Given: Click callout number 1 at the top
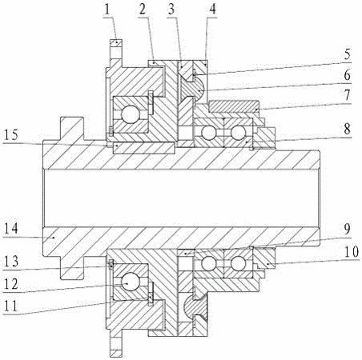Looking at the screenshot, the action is click(x=107, y=10).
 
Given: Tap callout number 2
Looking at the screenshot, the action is click(x=143, y=10).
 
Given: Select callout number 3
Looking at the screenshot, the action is click(x=171, y=10).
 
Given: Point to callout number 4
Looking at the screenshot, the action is click(x=212, y=10).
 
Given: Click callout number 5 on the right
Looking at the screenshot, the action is click(x=347, y=54).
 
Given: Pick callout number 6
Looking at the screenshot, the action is click(x=347, y=75).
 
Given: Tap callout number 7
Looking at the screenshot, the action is click(x=347, y=95).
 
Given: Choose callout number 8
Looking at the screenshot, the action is click(x=347, y=129).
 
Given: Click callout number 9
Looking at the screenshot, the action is click(x=347, y=229).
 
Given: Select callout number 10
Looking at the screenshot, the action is click(x=351, y=251).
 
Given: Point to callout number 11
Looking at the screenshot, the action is click(x=10, y=306).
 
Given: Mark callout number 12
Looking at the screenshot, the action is click(x=10, y=284).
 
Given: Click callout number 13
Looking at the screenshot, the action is click(x=10, y=262).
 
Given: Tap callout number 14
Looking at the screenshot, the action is click(x=10, y=229).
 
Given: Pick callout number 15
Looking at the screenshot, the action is click(x=10, y=134).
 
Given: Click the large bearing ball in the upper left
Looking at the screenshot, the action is click(x=131, y=114).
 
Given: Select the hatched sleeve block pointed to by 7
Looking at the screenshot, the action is click(x=234, y=106).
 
